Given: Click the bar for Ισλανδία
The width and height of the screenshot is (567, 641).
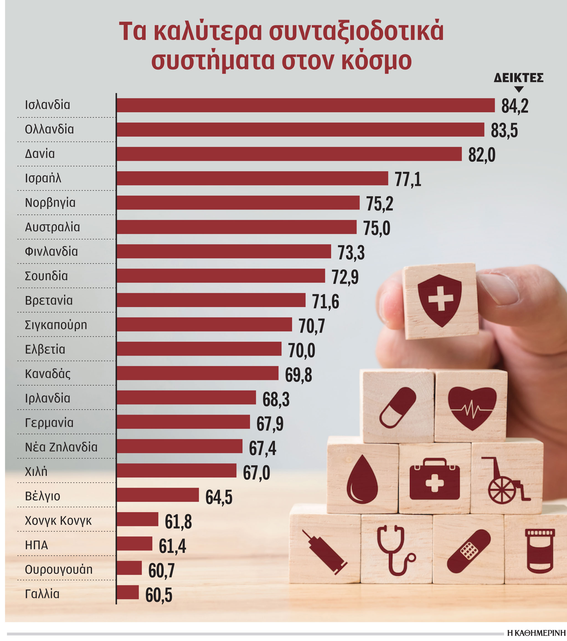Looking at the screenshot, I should [305, 105].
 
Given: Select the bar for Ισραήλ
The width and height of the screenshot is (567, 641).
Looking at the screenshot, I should [252, 178].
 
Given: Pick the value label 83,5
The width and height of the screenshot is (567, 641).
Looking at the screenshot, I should [504, 131].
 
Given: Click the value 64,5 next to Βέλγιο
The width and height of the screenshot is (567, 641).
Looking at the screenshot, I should [219, 497].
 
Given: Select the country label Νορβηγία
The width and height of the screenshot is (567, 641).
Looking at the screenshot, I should [50, 203].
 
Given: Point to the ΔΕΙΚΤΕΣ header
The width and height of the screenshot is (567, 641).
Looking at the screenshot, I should [519, 78].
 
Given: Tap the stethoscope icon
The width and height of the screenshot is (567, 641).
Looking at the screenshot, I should [395, 550].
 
